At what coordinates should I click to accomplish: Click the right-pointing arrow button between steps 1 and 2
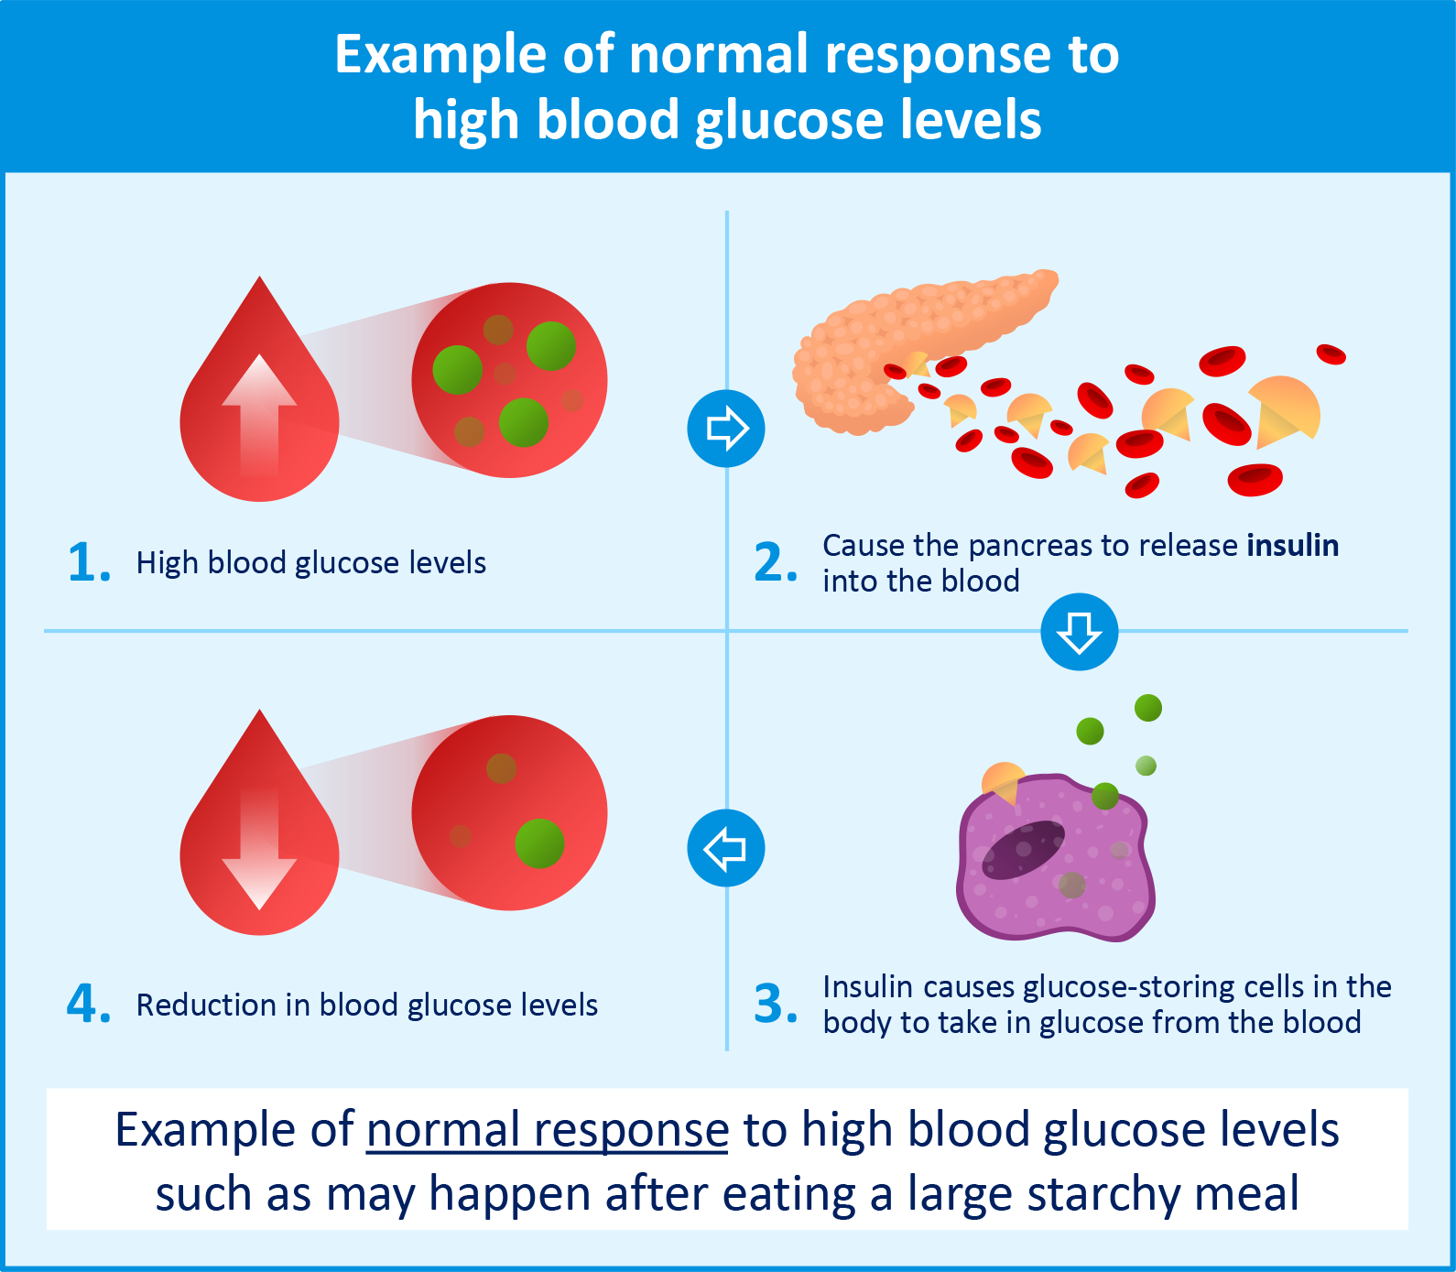point(726,429)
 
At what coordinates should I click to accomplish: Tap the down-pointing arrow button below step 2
point(1079,632)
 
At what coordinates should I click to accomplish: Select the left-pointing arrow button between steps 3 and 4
point(726,848)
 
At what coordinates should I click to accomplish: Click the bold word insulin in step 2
point(1292,546)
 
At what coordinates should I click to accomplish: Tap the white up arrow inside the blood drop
point(259,412)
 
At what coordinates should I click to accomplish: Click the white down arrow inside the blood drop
point(259,847)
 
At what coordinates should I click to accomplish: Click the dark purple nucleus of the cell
point(1024,849)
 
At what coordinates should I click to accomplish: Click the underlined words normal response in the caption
point(548,1130)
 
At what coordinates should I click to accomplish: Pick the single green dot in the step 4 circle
point(539,843)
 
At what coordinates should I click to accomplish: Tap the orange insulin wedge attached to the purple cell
point(1003,781)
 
